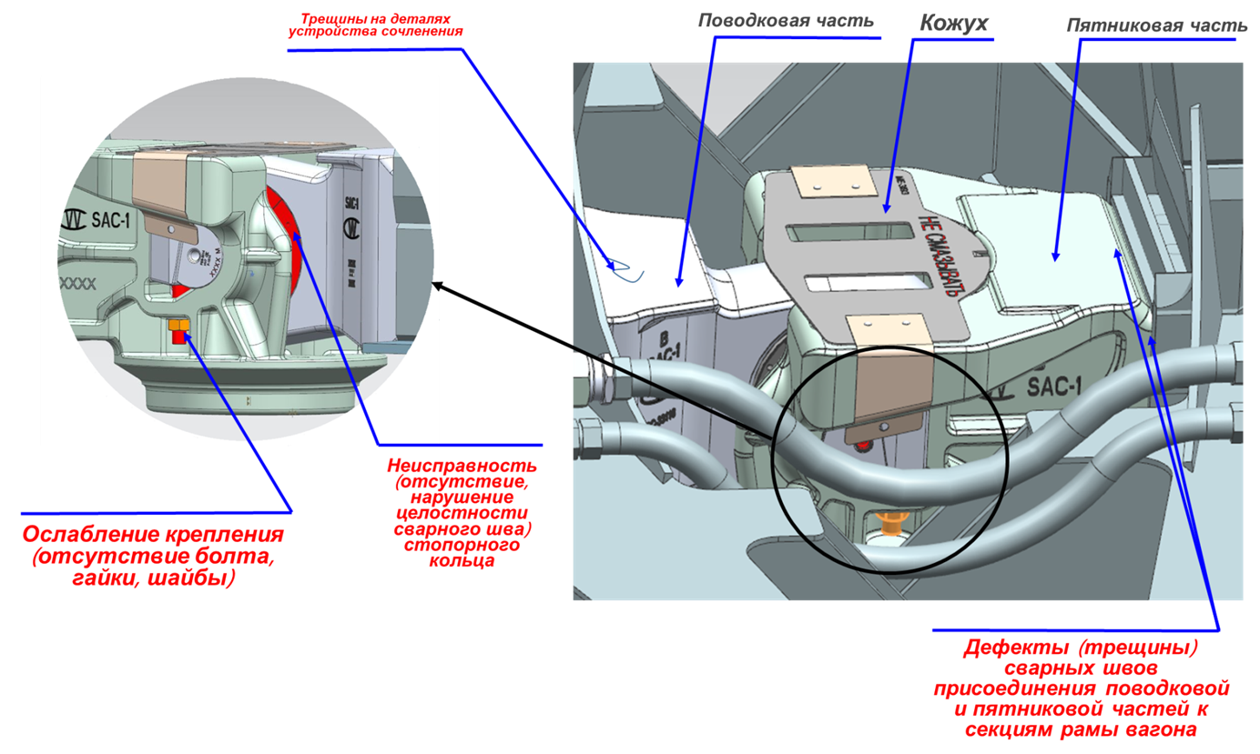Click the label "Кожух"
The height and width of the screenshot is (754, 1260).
953,25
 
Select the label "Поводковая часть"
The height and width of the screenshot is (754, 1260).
785,21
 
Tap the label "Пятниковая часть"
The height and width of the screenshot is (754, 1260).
1156,26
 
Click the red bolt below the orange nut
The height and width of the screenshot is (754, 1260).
179,337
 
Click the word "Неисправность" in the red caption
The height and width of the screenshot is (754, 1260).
462,466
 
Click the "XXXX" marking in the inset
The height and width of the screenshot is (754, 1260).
78,284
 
